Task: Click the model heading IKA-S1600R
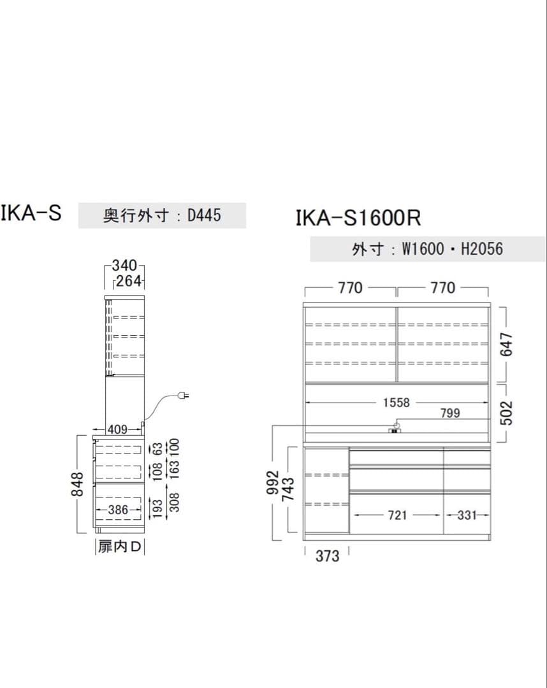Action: coord(358,219)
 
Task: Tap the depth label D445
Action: coord(204,215)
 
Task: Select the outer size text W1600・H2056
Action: coord(452,249)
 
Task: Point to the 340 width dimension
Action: coord(124,265)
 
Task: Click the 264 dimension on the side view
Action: coord(129,281)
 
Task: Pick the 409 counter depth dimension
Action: coord(117,429)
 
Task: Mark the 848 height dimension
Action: coord(77,484)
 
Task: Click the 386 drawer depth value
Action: coord(117,510)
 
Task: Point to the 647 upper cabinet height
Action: coord(506,344)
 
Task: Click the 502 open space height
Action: coord(506,412)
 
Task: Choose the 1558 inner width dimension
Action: coord(397,403)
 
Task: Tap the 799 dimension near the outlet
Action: coord(449,413)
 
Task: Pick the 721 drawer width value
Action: coord(397,515)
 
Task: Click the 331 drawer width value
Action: coord(467,515)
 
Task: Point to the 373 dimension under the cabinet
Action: coord(327,556)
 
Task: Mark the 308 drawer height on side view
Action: coord(174,502)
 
